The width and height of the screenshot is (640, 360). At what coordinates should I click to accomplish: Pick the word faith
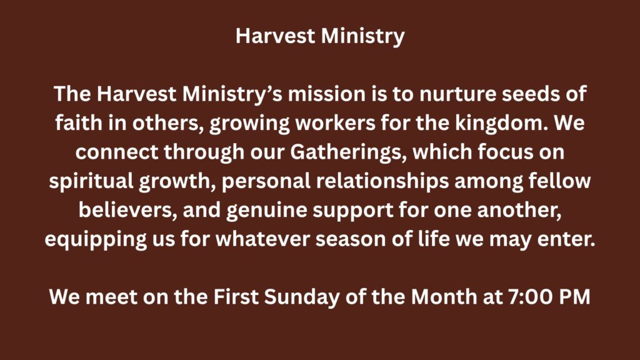tap(78, 123)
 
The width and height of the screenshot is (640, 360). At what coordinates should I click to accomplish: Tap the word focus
tap(505, 152)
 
